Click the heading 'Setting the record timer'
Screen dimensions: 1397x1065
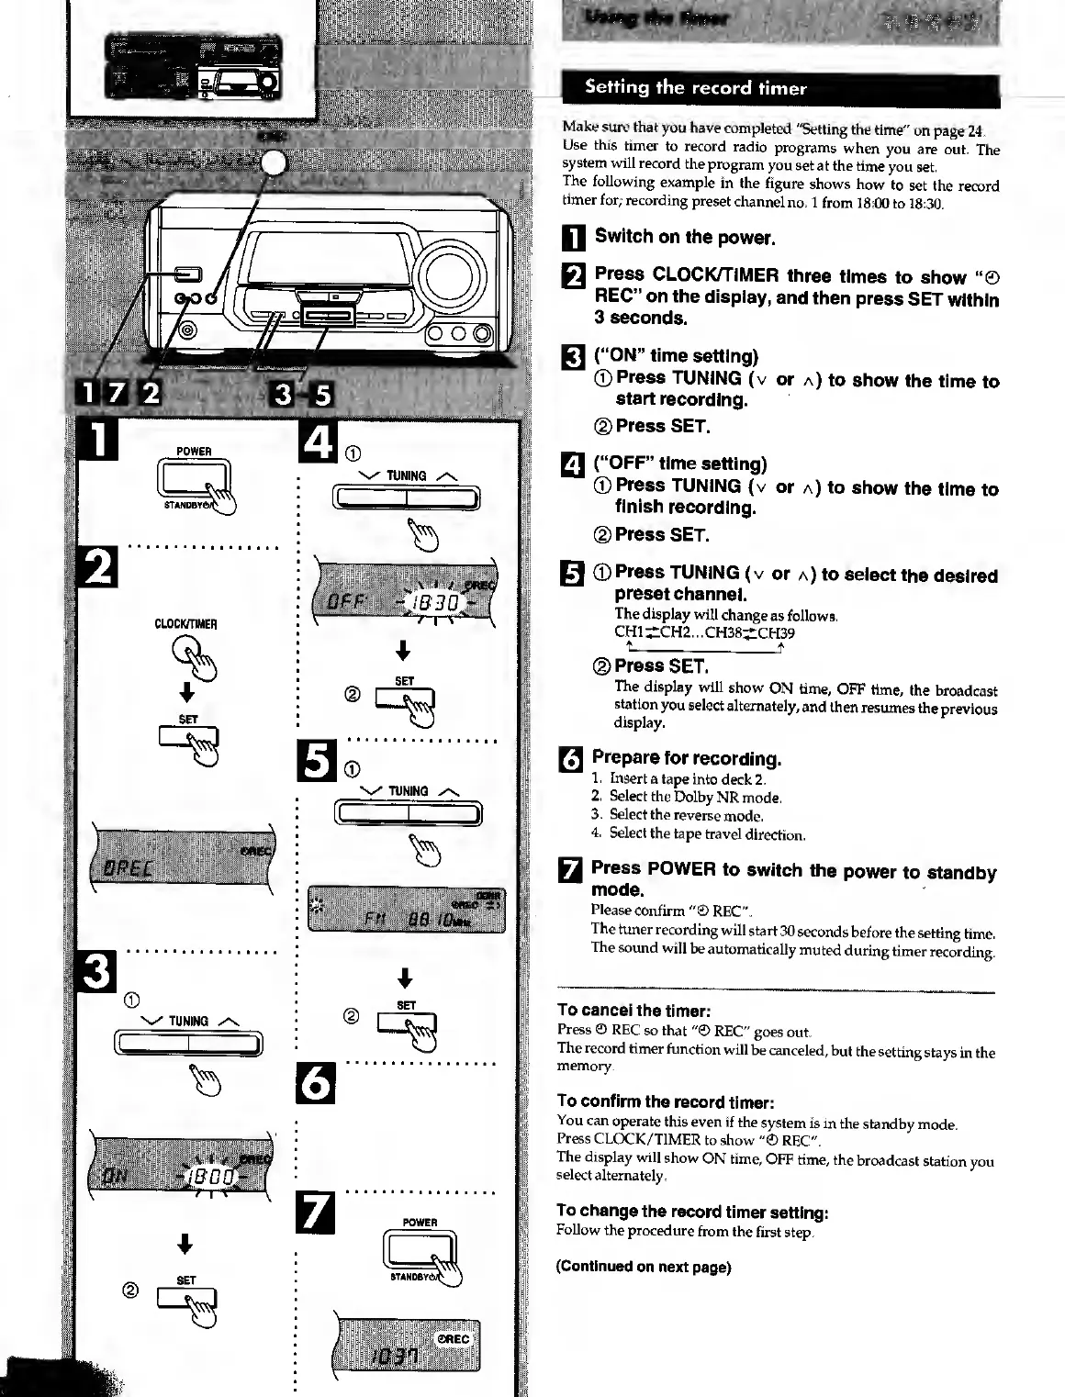pos(695,88)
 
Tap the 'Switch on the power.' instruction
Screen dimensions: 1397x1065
pos(685,237)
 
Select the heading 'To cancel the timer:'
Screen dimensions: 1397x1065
pos(633,1011)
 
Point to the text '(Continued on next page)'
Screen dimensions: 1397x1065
pos(644,1267)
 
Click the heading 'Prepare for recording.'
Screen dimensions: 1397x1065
pos(686,758)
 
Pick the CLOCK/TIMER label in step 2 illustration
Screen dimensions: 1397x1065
pos(185,624)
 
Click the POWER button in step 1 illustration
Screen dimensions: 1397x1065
pos(193,478)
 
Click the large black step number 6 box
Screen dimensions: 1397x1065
pos(317,1083)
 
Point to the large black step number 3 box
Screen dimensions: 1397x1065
pos(97,972)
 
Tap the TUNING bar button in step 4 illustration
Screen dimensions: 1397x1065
pos(406,498)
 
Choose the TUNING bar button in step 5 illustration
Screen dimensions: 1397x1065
pos(408,813)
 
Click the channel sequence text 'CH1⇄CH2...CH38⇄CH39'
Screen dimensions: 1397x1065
pos(704,632)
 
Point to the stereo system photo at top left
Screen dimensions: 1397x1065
pos(193,66)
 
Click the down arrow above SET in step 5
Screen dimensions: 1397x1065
pos(406,977)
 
